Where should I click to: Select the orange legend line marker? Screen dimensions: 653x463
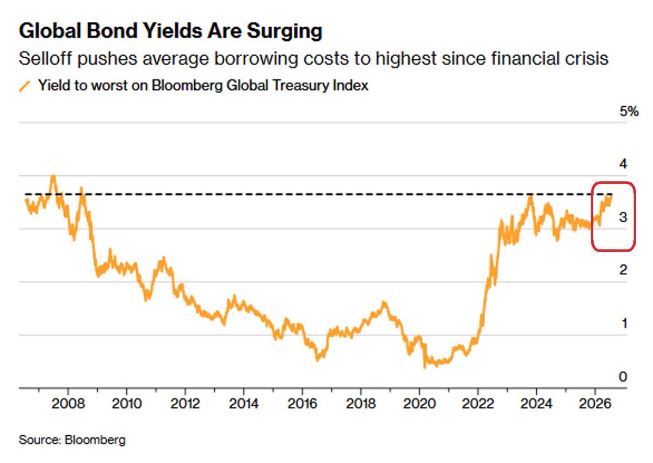pyautogui.click(x=25, y=87)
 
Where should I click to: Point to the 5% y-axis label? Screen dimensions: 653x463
pyautogui.click(x=629, y=112)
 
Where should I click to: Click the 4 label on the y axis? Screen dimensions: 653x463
pyautogui.click(x=623, y=164)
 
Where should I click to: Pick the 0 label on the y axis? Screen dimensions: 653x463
pyautogui.click(x=623, y=377)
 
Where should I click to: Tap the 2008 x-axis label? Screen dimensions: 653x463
pyautogui.click(x=68, y=404)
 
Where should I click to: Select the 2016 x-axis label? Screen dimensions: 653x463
pyautogui.click(x=303, y=404)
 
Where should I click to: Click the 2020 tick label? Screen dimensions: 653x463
pyautogui.click(x=419, y=404)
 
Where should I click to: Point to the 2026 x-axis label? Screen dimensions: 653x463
pyautogui.click(x=595, y=404)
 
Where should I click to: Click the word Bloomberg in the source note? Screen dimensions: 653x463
pyautogui.click(x=95, y=440)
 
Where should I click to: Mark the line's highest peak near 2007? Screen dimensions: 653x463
pyautogui.click(x=53, y=175)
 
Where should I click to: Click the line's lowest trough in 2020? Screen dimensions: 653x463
pyautogui.click(x=424, y=368)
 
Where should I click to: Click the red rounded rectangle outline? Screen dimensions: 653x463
pyautogui.click(x=592, y=216)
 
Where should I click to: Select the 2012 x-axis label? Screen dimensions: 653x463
pyautogui.click(x=186, y=404)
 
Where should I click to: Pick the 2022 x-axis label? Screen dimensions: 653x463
pyautogui.click(x=478, y=404)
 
